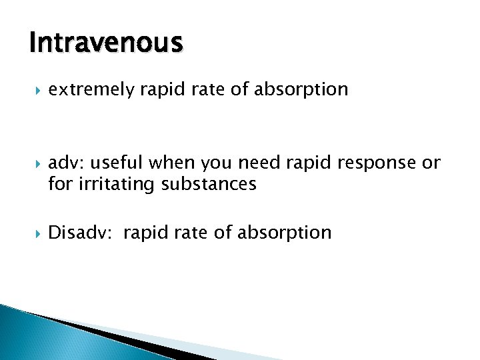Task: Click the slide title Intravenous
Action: [x=105, y=43]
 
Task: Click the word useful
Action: [x=121, y=163]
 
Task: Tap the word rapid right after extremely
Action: [x=157, y=89]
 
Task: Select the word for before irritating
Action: [x=59, y=183]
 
